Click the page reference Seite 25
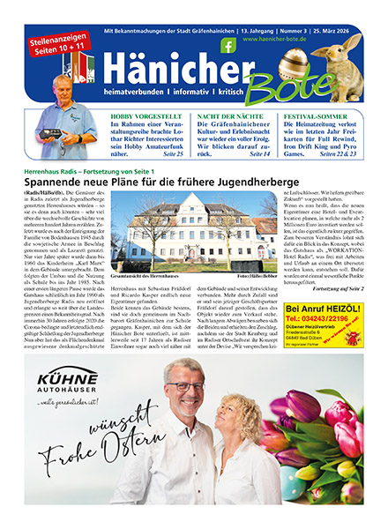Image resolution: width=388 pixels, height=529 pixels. (174, 153)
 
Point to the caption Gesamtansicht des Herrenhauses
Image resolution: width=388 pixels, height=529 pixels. (159, 276)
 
